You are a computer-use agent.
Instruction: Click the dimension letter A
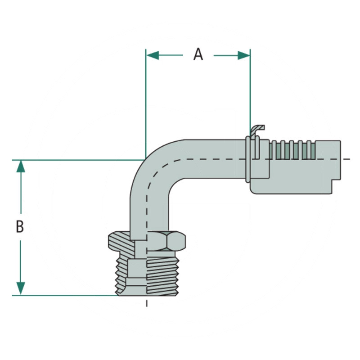click(x=198, y=54)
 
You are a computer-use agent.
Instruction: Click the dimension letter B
click(x=20, y=227)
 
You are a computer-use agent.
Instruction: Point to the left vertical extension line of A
click(x=146, y=103)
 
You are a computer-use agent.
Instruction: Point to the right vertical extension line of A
click(x=250, y=90)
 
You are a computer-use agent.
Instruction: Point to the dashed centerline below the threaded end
click(x=147, y=302)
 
